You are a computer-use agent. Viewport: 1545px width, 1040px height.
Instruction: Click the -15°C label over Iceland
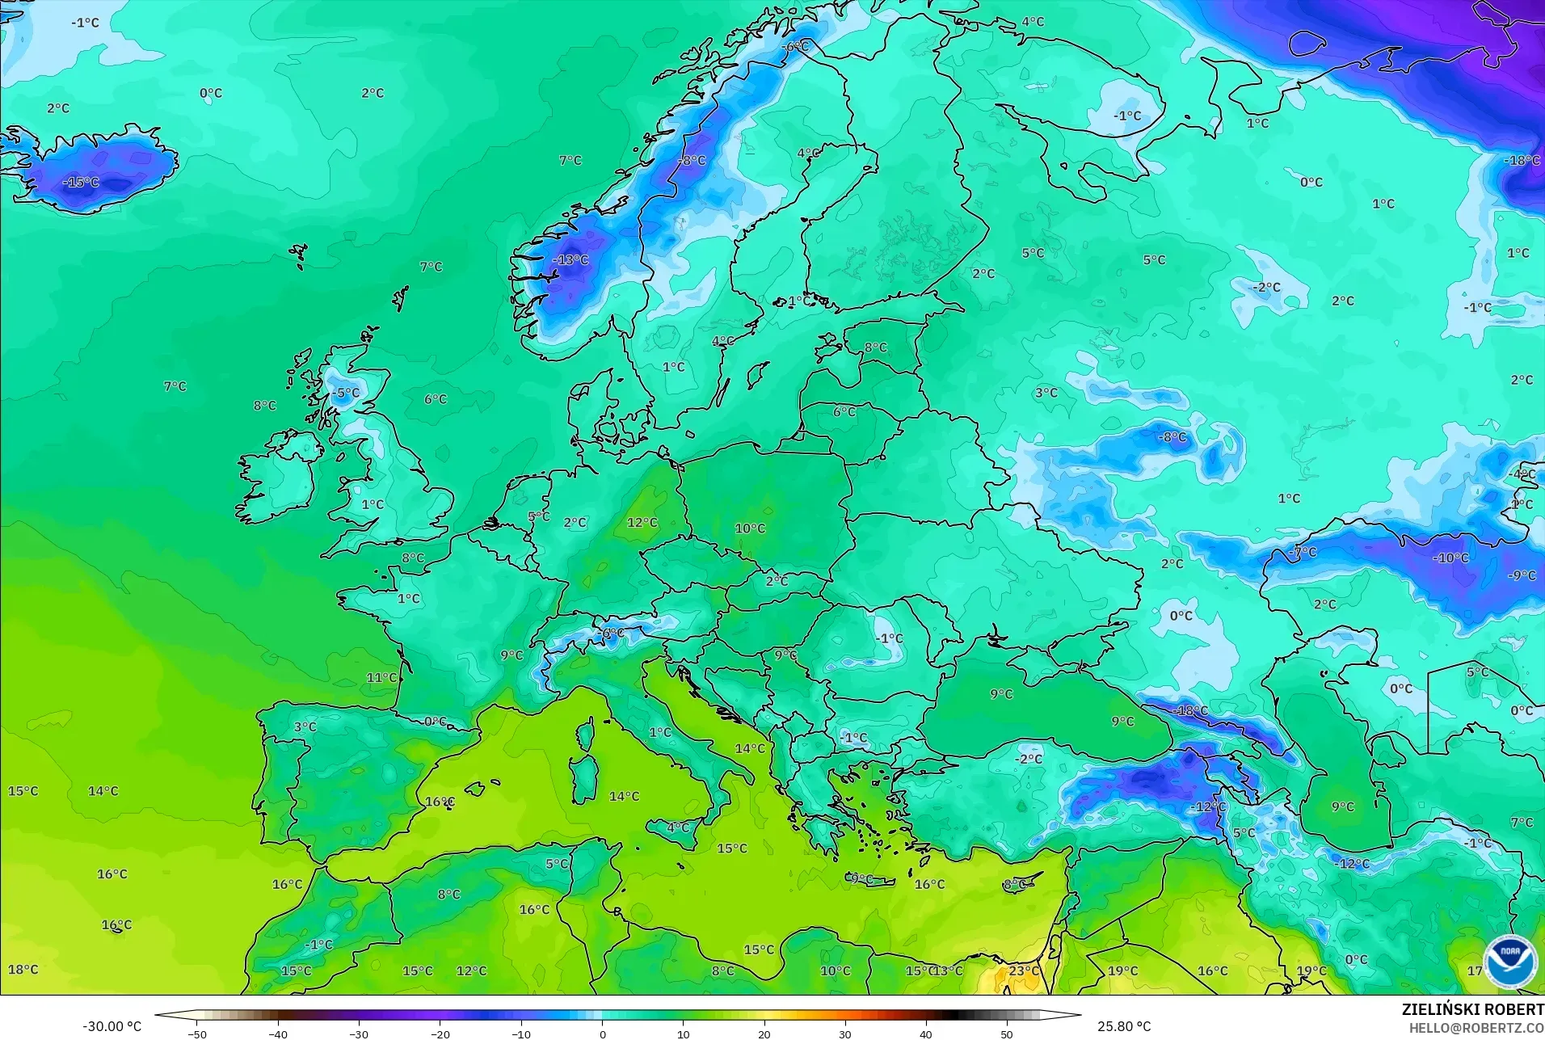pos(82,183)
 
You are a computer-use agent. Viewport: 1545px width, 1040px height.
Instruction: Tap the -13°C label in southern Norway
pos(570,260)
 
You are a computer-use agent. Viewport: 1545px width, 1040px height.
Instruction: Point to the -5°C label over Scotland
pos(346,394)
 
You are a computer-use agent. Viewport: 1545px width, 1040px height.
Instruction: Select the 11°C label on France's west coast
pos(382,678)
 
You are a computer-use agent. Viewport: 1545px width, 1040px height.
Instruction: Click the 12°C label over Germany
pos(642,523)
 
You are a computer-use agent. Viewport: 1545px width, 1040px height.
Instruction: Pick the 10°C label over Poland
pos(750,528)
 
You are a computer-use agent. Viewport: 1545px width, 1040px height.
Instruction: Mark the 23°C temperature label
pos(1024,971)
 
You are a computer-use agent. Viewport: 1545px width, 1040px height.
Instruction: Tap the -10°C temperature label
pos(1450,558)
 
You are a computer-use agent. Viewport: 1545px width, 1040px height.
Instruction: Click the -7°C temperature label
pos(1303,553)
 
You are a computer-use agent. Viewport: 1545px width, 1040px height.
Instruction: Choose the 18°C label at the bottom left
pos(23,970)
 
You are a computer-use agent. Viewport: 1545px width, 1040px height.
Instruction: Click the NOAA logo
pos(1509,961)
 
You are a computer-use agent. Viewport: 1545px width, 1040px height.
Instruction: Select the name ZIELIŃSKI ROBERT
pos(1472,1010)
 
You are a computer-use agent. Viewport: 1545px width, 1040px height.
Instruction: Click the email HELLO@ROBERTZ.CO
pos(1476,1028)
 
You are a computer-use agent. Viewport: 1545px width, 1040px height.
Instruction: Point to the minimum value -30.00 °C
pos(112,1026)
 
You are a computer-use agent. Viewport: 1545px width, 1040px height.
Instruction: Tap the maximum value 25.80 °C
pos(1124,1026)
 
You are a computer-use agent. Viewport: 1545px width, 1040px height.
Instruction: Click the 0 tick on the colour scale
pos(602,1034)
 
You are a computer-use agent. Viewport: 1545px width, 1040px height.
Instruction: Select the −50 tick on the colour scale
pos(196,1034)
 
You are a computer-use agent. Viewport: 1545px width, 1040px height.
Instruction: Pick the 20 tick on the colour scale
pos(764,1034)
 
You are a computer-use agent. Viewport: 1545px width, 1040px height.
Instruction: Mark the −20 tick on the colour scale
pos(440,1034)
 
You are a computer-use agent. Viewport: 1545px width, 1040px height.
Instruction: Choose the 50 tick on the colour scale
pos(1006,1034)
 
